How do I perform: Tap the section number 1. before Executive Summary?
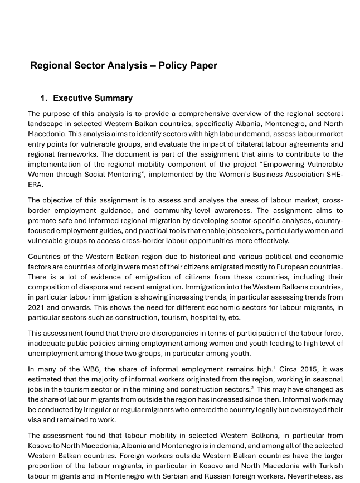click(44, 99)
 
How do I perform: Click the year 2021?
click(37, 307)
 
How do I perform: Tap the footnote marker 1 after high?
click(274, 368)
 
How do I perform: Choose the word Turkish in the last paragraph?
click(329, 466)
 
